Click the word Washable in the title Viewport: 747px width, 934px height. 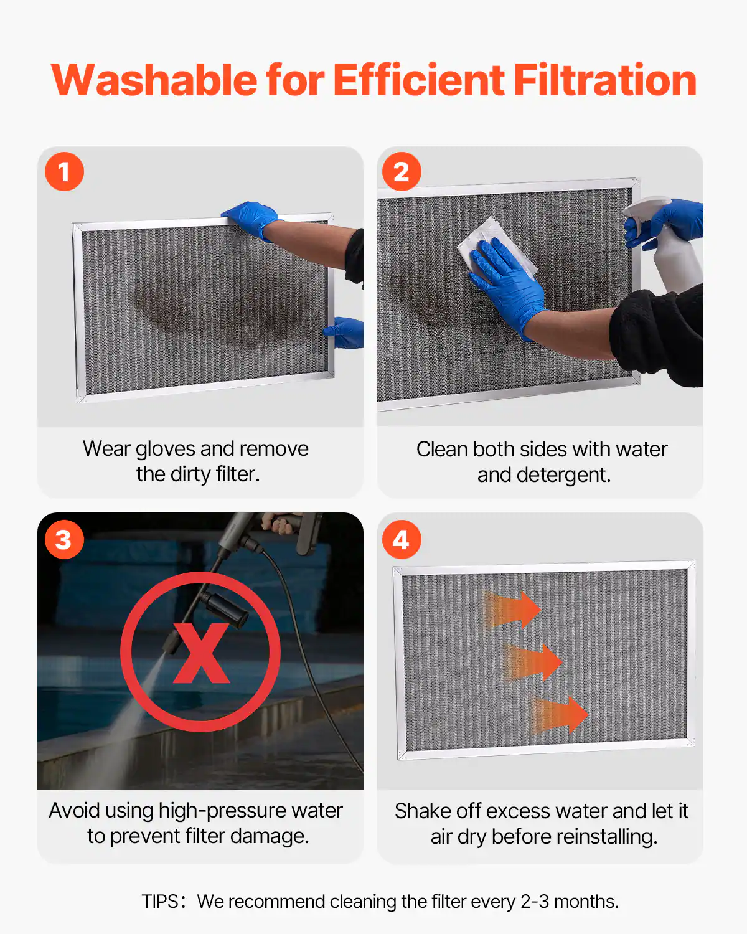(x=154, y=80)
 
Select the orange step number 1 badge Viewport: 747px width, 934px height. (x=64, y=172)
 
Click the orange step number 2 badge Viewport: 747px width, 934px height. (x=402, y=172)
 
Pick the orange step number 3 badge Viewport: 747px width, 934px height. (x=64, y=540)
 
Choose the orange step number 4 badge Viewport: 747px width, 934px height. (x=402, y=540)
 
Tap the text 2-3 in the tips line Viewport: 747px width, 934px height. (x=534, y=902)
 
